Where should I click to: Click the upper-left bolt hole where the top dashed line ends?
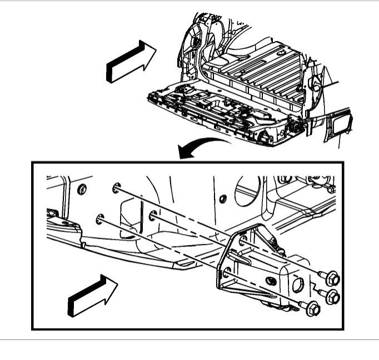tap(115, 188)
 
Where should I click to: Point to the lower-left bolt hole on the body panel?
tap(100, 218)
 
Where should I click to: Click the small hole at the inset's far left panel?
tap(82, 190)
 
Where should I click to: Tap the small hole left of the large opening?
tap(222, 198)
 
